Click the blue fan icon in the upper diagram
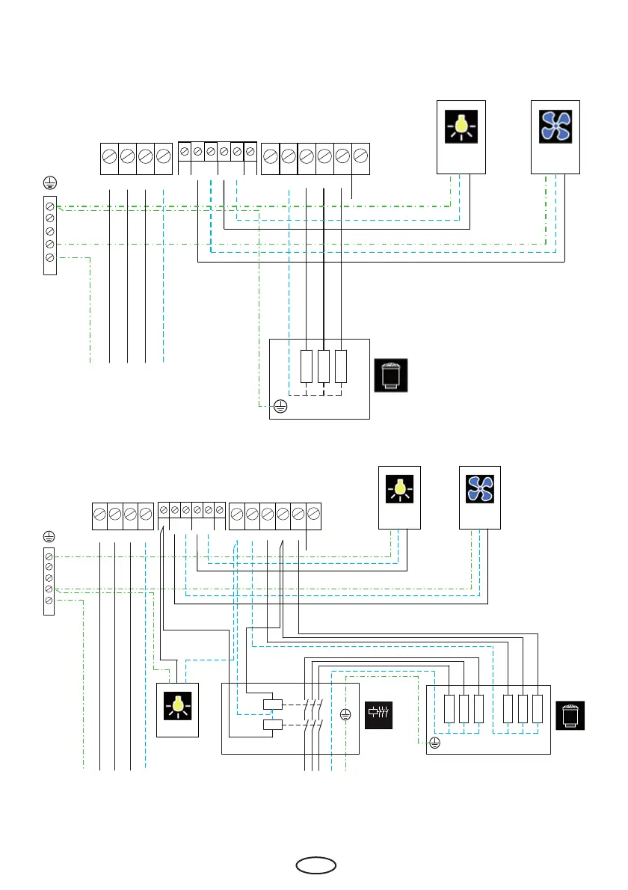click(555, 126)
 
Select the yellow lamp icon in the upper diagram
click(461, 126)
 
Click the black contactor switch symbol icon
click(378, 715)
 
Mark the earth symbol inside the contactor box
click(345, 715)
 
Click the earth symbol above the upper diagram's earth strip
click(50, 183)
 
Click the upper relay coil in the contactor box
click(272, 704)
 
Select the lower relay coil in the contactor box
click(272, 725)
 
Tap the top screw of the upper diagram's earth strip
click(50, 205)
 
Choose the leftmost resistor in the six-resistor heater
click(449, 709)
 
